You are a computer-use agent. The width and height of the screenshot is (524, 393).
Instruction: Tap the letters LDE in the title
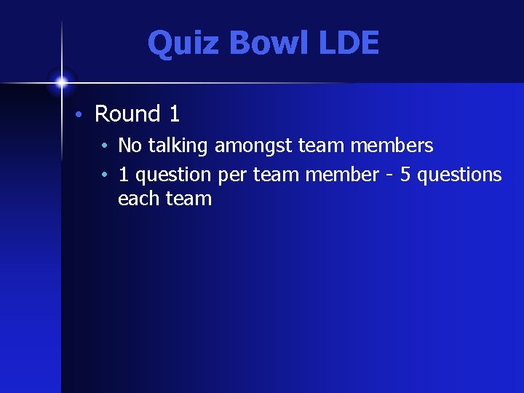tap(348, 43)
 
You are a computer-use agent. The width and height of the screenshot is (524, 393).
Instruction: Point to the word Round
tap(127, 114)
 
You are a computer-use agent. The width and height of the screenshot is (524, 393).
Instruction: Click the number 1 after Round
tap(174, 114)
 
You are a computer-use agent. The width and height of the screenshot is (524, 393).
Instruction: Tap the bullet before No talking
tap(106, 146)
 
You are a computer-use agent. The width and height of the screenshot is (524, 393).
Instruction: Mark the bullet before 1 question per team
tap(106, 175)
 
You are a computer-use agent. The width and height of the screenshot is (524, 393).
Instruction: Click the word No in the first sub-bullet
tap(130, 146)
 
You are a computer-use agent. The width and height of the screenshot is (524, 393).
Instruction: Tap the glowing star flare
tap(62, 82)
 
